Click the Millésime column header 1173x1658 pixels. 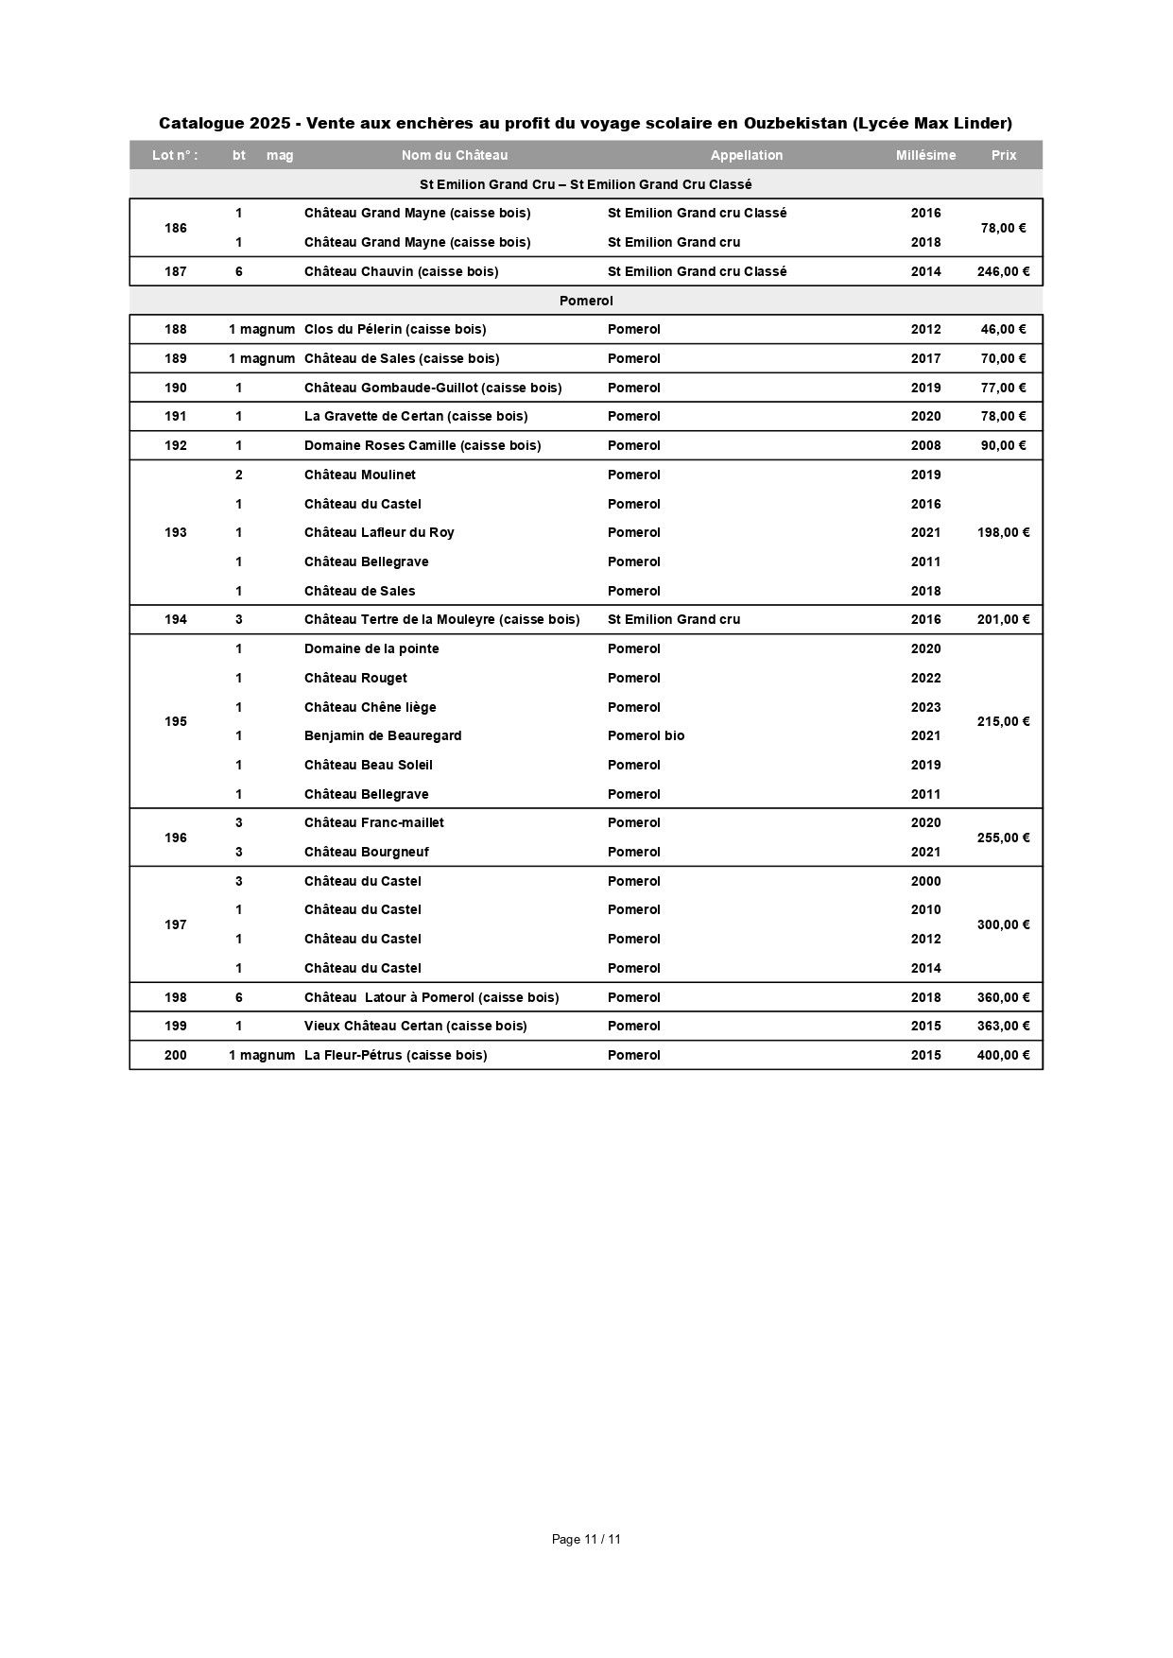point(925,155)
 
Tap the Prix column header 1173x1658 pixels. point(1003,155)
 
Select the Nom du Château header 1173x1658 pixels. point(455,155)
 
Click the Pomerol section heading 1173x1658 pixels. point(586,301)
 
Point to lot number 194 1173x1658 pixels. point(176,619)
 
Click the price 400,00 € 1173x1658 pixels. point(1003,1055)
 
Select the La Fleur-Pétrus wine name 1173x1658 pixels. point(395,1055)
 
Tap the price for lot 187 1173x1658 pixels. point(1003,271)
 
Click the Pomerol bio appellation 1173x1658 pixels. point(646,735)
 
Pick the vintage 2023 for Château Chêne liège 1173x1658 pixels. point(925,707)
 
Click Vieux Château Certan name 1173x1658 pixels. point(415,1026)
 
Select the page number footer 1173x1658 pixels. point(586,1539)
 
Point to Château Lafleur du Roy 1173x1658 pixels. point(379,532)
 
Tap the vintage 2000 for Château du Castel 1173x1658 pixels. point(925,881)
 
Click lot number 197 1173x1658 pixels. point(176,924)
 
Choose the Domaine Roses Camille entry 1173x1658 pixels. point(423,445)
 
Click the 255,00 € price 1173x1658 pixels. point(1003,838)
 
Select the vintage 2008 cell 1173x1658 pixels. point(925,445)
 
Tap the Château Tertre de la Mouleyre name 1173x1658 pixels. point(441,619)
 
